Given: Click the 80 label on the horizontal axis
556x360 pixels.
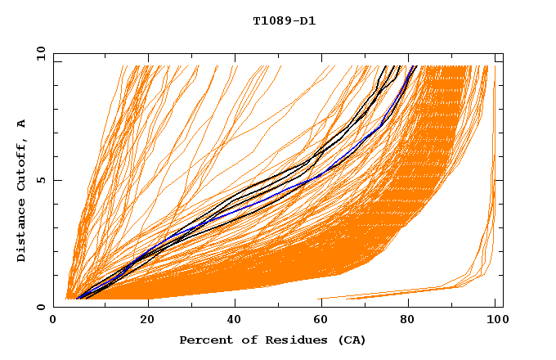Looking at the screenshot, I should tap(407, 319).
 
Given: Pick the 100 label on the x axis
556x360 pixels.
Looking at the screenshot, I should tap(495, 319).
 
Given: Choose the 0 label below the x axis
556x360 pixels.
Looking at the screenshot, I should tap(54, 319).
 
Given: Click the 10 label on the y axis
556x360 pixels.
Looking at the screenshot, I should tap(40, 54).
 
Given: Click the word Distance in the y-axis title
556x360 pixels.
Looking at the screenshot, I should tap(22, 232).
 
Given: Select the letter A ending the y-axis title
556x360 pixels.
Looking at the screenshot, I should tap(22, 124).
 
